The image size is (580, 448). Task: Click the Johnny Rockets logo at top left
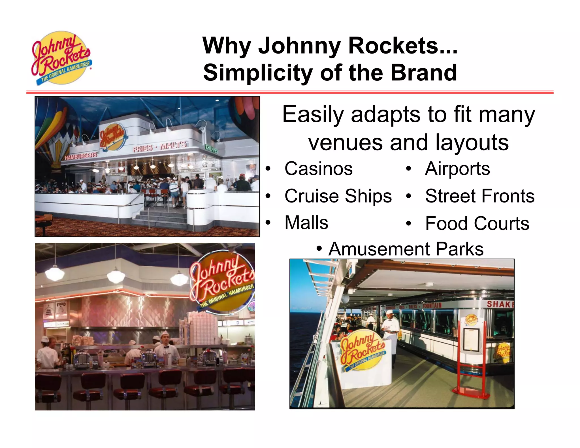(x=61, y=58)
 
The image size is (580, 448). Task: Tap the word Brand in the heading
(x=424, y=73)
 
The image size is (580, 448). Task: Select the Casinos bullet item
(x=318, y=169)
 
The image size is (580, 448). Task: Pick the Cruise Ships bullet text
(x=338, y=196)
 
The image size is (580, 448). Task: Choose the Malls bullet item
(x=306, y=223)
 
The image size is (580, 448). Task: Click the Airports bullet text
(x=457, y=169)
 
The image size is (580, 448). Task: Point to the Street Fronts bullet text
(x=480, y=196)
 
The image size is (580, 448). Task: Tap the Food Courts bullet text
(x=477, y=223)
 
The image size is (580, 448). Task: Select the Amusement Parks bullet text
(x=406, y=249)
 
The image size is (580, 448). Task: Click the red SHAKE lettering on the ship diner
(x=500, y=304)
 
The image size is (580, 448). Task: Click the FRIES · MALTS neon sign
(x=160, y=146)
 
